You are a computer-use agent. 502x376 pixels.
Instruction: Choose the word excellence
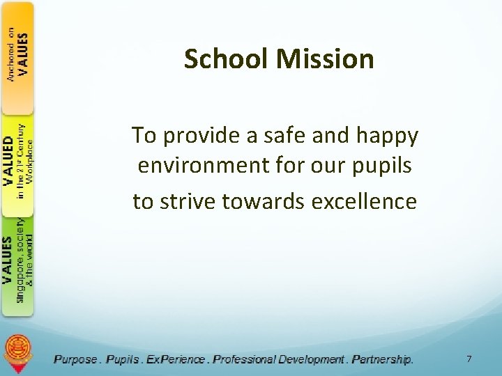365,201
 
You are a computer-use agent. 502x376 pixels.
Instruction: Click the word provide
197,136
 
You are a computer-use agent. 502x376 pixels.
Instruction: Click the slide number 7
469,359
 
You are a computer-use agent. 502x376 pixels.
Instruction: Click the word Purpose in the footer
76,359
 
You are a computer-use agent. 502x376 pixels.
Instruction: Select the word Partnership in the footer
382,359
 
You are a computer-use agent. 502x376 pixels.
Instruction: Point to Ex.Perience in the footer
178,359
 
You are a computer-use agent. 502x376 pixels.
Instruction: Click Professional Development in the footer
279,359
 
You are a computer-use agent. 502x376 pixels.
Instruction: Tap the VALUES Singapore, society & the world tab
17,261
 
